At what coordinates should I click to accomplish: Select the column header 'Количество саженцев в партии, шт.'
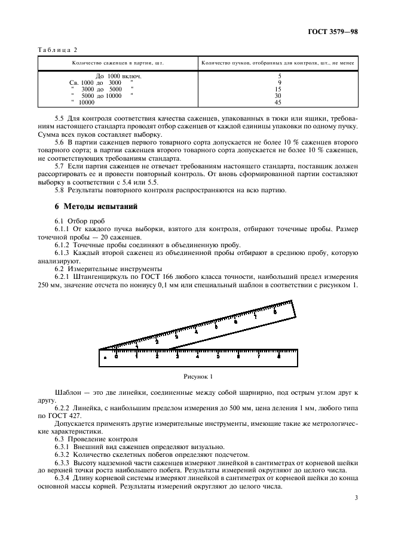pyautogui.click(x=118, y=63)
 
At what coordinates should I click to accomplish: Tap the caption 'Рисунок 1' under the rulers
pyautogui.click(x=197, y=377)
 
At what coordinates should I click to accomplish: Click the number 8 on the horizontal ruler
pyautogui.click(x=279, y=357)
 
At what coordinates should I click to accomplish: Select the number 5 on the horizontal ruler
pyautogui.click(x=218, y=357)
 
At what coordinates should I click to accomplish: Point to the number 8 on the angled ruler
pyautogui.click(x=274, y=312)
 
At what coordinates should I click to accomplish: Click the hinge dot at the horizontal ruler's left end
pyautogui.click(x=105, y=357)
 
